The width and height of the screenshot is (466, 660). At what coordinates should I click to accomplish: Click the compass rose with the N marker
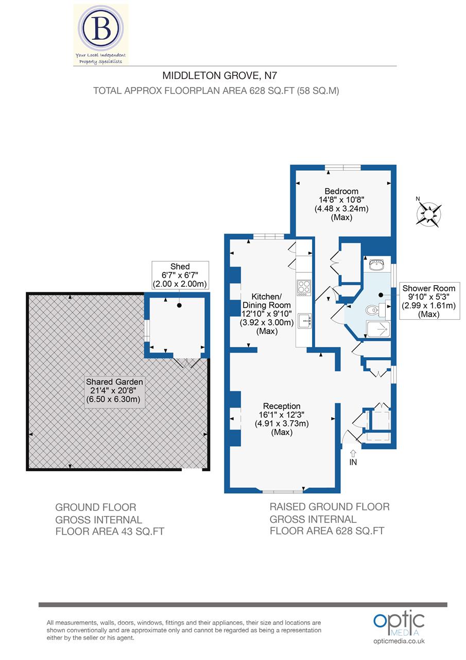[429, 213]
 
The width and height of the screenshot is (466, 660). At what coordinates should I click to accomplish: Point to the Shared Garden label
[114, 390]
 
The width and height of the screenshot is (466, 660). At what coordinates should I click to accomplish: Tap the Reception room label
[281, 419]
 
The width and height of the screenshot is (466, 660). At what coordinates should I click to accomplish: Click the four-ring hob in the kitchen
[304, 287]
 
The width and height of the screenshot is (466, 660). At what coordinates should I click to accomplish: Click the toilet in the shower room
[372, 310]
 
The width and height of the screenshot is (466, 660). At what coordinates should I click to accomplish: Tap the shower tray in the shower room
[378, 328]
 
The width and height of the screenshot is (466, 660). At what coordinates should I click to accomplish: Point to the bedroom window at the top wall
[342, 167]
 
